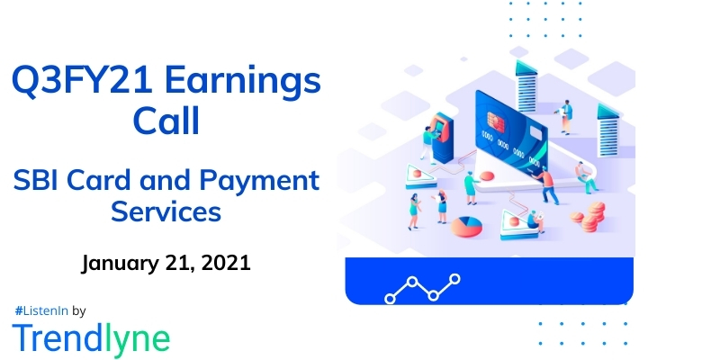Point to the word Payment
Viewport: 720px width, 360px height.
(265, 180)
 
